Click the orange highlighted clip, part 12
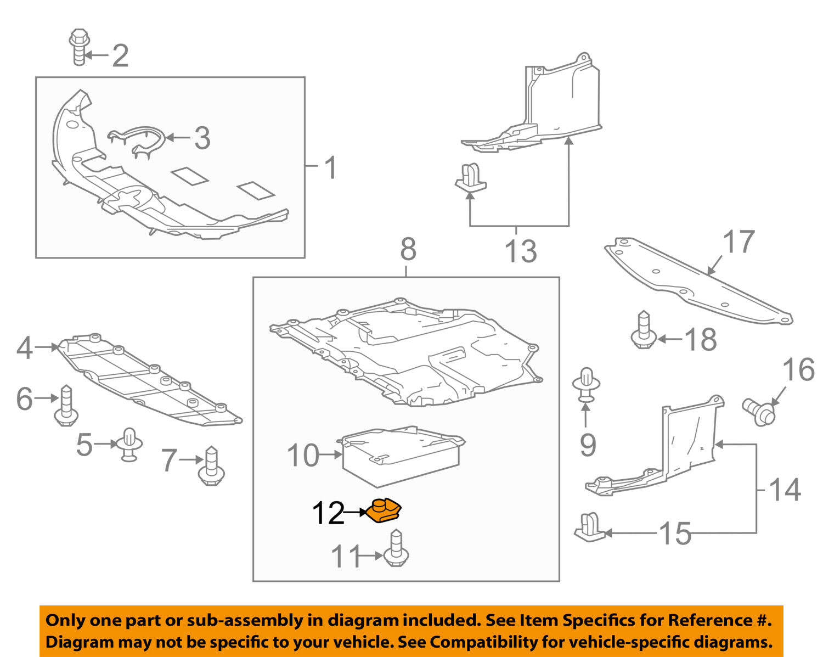tap(384, 510)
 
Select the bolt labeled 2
tap(79, 47)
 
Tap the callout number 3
tap(202, 138)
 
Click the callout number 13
tap(521, 251)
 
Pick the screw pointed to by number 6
tap(66, 406)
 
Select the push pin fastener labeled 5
tap(129, 445)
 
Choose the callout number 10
tap(303, 456)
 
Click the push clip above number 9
tap(586, 385)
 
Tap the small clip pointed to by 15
tap(589, 527)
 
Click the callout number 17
tap(739, 242)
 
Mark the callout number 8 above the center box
tap(408, 249)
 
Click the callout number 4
tap(25, 349)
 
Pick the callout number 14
tap(785, 490)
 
